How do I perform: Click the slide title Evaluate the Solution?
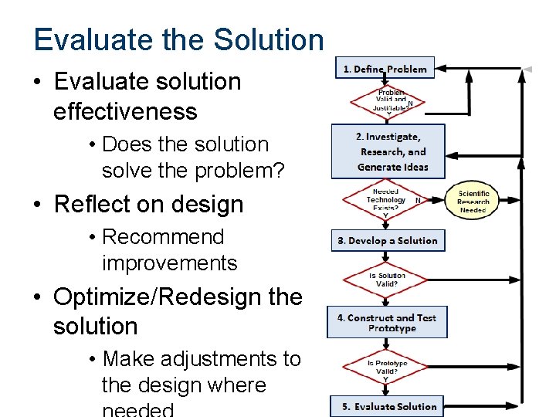point(178,40)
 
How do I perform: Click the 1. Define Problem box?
point(385,68)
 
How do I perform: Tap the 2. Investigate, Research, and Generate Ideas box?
point(388,151)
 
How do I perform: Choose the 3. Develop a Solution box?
point(388,241)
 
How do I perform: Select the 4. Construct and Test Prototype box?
point(387,323)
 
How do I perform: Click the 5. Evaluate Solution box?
point(389,406)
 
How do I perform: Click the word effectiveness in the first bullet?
point(125,111)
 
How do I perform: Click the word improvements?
point(169,263)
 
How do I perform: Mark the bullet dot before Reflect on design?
point(38,205)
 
